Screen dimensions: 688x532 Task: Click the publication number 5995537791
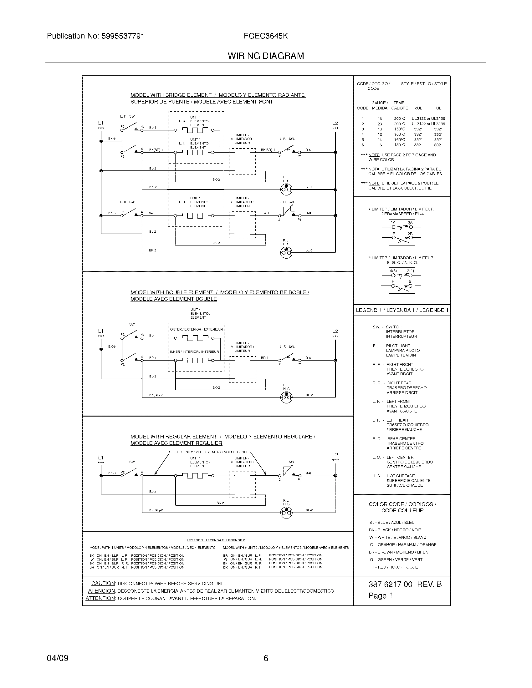[x=123, y=36]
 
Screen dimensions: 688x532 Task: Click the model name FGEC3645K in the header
[x=265, y=36]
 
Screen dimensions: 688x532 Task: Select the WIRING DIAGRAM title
[x=266, y=56]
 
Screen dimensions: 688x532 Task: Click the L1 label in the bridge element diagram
[x=100, y=123]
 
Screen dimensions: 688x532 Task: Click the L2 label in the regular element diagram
[x=335, y=455]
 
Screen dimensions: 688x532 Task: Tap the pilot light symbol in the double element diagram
[x=286, y=398]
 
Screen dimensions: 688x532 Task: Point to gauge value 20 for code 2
[x=380, y=124]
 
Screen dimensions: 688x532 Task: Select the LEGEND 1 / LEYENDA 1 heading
[x=402, y=310]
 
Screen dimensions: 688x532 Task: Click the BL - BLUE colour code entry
[x=392, y=522]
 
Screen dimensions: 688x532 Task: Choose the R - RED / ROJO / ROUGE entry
[x=394, y=567]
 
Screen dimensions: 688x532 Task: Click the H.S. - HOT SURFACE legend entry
[x=398, y=476]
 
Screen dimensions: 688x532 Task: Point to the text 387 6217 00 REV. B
[x=405, y=584]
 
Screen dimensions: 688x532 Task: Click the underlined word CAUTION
[x=103, y=584]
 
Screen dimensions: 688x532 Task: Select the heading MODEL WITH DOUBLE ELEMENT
[x=172, y=292]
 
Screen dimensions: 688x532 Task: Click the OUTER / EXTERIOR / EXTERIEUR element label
[x=196, y=329]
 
